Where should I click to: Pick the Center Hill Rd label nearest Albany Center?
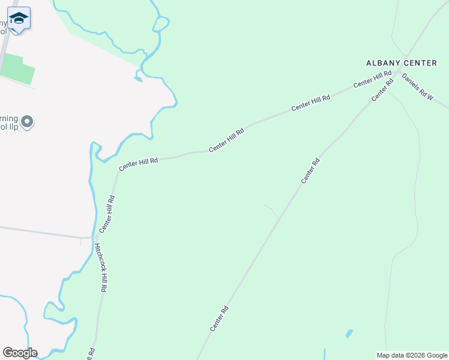[372, 80]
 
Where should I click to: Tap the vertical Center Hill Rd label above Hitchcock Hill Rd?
[106, 214]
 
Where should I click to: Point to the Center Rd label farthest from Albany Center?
[219, 319]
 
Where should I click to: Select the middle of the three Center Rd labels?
[310, 171]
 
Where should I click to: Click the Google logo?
[20, 353]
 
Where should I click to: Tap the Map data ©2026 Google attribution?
[412, 355]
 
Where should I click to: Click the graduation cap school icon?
[19, 19]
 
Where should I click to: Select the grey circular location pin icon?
[27, 122]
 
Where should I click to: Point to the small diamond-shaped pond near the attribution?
[349, 333]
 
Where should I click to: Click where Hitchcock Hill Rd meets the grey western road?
[94, 237]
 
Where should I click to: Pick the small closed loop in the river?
[160, 24]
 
